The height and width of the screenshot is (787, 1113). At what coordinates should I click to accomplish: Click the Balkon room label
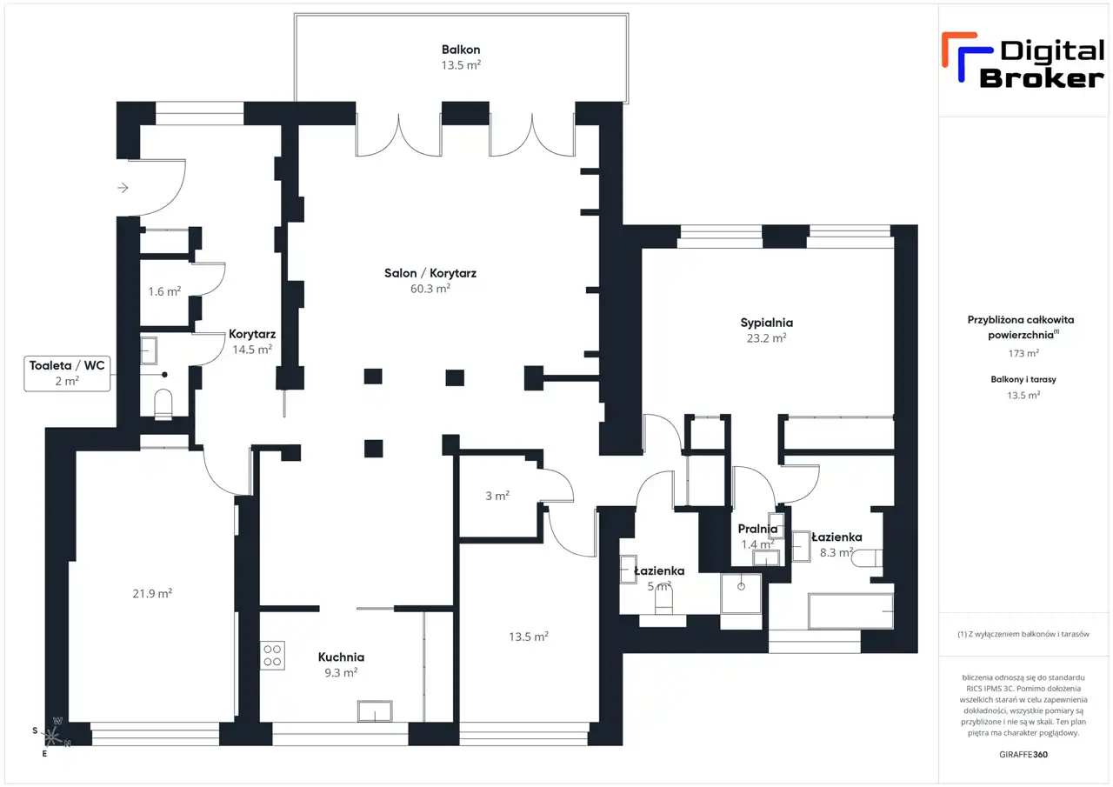click(x=461, y=50)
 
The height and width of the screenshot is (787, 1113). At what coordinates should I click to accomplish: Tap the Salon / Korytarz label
click(x=430, y=273)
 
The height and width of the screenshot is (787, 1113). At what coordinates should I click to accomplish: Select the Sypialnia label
click(x=766, y=323)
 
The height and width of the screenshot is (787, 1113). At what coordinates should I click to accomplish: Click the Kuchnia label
click(x=341, y=657)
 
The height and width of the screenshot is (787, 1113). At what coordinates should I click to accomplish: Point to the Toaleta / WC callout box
click(x=67, y=374)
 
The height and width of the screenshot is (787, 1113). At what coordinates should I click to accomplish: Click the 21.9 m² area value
click(x=152, y=593)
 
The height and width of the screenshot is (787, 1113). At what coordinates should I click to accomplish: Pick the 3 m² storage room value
click(x=497, y=496)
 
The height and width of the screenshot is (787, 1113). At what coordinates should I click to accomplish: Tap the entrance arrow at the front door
click(x=123, y=188)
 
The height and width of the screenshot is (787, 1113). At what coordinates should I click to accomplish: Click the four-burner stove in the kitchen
click(x=272, y=656)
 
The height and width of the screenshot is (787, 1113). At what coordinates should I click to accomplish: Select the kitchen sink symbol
click(x=375, y=711)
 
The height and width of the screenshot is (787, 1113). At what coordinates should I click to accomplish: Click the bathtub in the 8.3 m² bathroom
click(x=850, y=611)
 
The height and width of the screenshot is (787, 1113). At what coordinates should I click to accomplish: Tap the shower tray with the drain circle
click(x=741, y=594)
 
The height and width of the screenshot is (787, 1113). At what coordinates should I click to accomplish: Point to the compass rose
click(x=51, y=737)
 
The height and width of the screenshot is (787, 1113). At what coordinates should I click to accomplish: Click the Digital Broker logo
click(x=1023, y=61)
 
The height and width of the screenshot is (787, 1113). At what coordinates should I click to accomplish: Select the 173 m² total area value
click(x=1023, y=353)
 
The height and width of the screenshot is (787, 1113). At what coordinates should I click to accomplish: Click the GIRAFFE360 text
click(x=1023, y=754)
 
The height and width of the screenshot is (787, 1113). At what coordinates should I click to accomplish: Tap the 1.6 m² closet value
click(x=164, y=291)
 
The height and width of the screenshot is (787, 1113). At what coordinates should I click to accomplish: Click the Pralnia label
click(x=757, y=529)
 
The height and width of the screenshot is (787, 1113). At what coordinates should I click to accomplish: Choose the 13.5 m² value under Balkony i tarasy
click(x=1023, y=395)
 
